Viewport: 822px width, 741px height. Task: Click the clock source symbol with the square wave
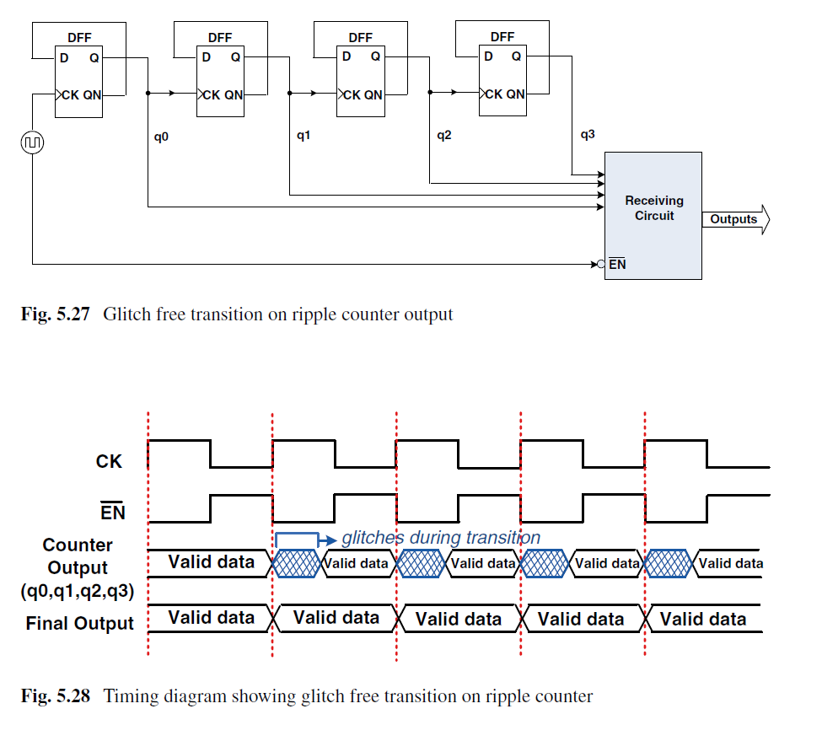click(32, 142)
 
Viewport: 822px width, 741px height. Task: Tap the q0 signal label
click(161, 137)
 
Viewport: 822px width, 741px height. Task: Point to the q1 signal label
click(304, 136)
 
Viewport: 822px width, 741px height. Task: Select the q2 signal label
click(444, 136)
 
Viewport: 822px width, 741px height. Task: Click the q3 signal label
click(588, 135)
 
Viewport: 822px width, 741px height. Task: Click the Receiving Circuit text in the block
click(654, 208)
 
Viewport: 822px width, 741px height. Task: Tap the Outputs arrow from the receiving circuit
click(736, 219)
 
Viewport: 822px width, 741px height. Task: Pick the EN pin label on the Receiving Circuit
click(617, 264)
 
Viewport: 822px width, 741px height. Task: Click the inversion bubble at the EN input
click(601, 264)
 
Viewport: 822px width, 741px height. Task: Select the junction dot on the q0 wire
click(148, 94)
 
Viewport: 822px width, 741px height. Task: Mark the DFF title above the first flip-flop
click(79, 38)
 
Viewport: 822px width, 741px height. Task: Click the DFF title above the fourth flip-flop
click(502, 37)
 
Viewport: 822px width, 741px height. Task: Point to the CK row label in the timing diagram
click(109, 461)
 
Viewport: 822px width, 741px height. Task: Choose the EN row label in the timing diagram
click(113, 512)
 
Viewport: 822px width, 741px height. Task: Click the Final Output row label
click(80, 623)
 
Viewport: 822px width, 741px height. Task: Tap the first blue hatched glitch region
click(296, 563)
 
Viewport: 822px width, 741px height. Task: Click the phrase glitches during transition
click(441, 538)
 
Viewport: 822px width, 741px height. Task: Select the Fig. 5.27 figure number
click(55, 314)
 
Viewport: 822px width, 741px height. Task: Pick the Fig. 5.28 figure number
click(55, 696)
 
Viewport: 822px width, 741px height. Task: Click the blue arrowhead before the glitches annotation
click(330, 540)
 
